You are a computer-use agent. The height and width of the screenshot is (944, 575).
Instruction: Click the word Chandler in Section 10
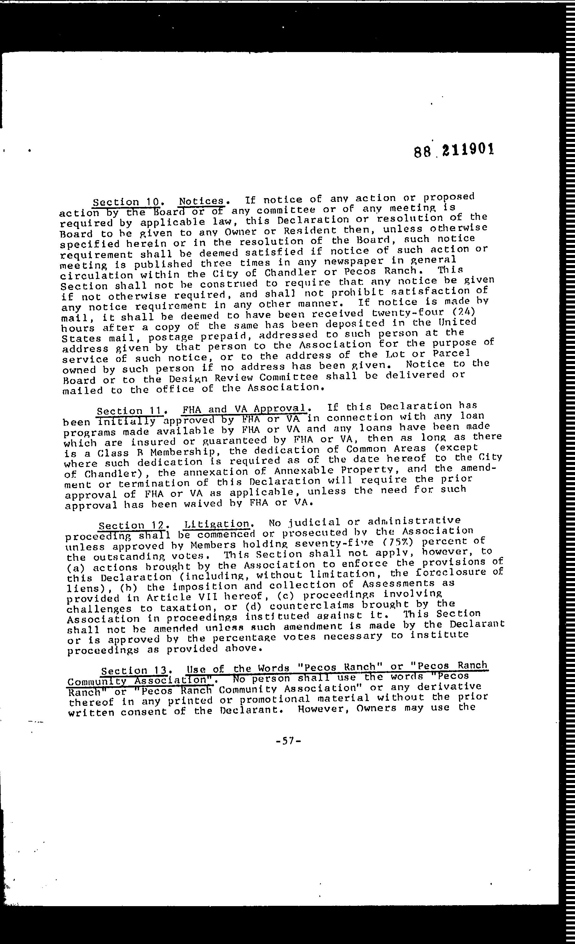[290, 273]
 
